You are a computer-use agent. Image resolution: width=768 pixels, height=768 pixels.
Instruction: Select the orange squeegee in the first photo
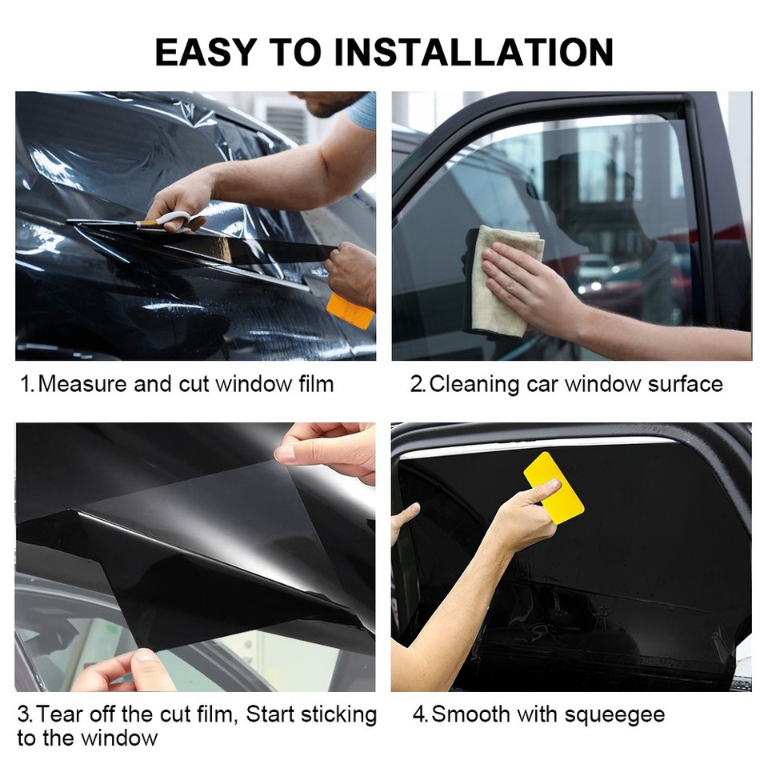pos(350,311)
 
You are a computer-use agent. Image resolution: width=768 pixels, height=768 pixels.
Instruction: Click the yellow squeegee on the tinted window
pos(554,487)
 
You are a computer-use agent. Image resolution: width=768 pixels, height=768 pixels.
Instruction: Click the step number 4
pos(419,714)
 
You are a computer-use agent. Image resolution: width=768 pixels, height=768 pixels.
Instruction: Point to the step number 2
pos(417,384)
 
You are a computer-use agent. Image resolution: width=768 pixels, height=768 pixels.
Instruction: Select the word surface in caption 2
pos(686,384)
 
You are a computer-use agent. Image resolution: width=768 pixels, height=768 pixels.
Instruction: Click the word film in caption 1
pos(314,384)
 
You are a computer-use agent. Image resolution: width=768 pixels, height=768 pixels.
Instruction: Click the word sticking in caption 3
pos(341,714)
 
